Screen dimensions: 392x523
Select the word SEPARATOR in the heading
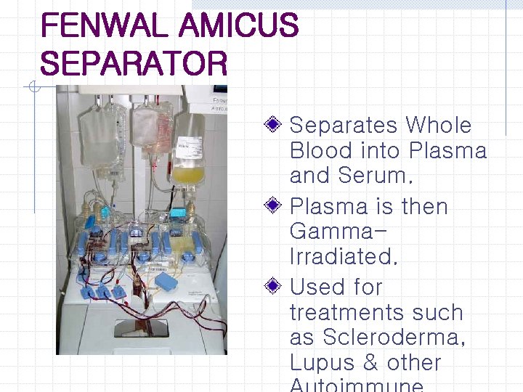point(134,64)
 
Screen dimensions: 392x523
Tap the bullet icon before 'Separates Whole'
point(272,124)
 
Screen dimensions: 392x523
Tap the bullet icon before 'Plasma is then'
point(272,205)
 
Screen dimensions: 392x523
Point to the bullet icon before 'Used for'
point(272,287)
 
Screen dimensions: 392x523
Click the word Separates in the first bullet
point(344,125)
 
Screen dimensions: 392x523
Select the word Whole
point(439,125)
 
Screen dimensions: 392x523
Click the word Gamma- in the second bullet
point(338,232)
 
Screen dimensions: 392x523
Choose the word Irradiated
point(344,256)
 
